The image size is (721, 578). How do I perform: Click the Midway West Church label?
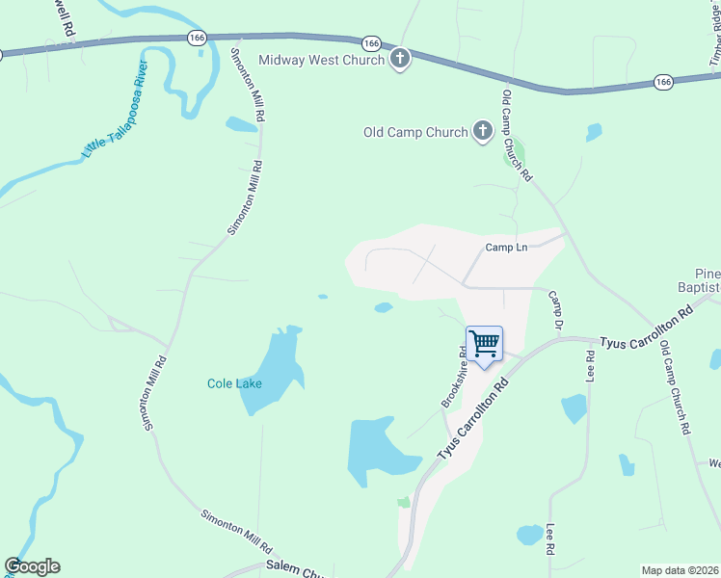point(322,61)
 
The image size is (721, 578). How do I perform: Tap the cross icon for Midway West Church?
point(400,60)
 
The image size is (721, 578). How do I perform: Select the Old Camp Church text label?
point(415,132)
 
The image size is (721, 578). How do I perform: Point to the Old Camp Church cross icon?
point(483,132)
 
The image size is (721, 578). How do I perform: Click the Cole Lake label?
point(234,383)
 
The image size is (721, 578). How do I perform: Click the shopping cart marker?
point(484,344)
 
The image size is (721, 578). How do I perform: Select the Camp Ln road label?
point(506,248)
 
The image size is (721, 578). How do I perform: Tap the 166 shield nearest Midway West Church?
point(371,43)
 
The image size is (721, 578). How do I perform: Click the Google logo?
point(32,566)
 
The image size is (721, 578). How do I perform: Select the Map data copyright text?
point(680,570)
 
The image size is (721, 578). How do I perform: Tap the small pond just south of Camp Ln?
point(384,308)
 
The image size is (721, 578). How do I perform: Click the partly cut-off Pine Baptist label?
point(701,280)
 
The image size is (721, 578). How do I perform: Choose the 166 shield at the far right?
point(662,83)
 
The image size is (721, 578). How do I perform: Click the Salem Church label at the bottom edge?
point(295,572)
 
